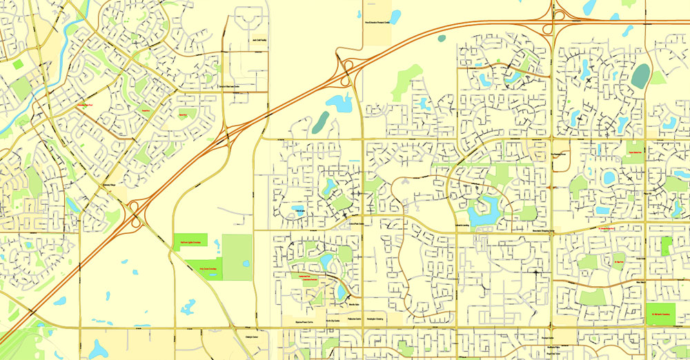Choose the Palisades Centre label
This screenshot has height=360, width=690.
(x=355, y=321)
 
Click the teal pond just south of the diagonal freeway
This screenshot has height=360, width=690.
(x=320, y=122)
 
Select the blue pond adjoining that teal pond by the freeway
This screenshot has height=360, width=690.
(x=338, y=104)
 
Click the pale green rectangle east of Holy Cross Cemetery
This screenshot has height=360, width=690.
(x=237, y=257)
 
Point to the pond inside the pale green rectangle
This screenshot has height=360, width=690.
(x=246, y=263)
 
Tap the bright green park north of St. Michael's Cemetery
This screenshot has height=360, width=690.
(x=666, y=247)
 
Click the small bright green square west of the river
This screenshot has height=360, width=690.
(x=17, y=64)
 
